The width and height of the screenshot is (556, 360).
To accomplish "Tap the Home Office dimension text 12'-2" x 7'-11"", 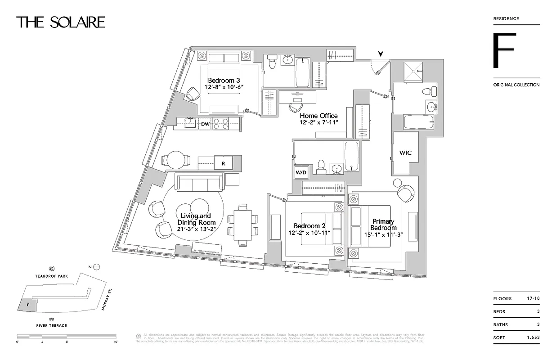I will [x=318, y=122].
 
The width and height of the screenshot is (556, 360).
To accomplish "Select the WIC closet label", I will [x=405, y=153].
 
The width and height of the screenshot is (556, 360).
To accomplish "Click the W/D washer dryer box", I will [x=301, y=172].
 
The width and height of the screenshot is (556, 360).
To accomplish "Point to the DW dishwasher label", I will [x=205, y=124].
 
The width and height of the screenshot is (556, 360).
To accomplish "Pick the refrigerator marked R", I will [x=224, y=163].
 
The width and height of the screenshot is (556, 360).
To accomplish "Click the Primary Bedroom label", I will [x=383, y=224].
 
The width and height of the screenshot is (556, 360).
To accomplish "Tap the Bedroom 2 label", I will [x=309, y=226].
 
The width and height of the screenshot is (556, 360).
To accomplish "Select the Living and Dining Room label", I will [x=196, y=219].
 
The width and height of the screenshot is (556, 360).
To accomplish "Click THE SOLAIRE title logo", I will [x=61, y=22].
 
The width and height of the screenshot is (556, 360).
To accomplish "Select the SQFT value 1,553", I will [x=532, y=337].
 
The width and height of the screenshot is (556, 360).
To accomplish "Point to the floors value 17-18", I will [x=533, y=298].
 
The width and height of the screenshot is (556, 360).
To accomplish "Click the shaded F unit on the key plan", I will [x=28, y=304].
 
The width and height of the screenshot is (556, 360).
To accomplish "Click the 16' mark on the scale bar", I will [x=116, y=342].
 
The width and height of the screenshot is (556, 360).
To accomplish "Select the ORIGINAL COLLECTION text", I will [x=516, y=85].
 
